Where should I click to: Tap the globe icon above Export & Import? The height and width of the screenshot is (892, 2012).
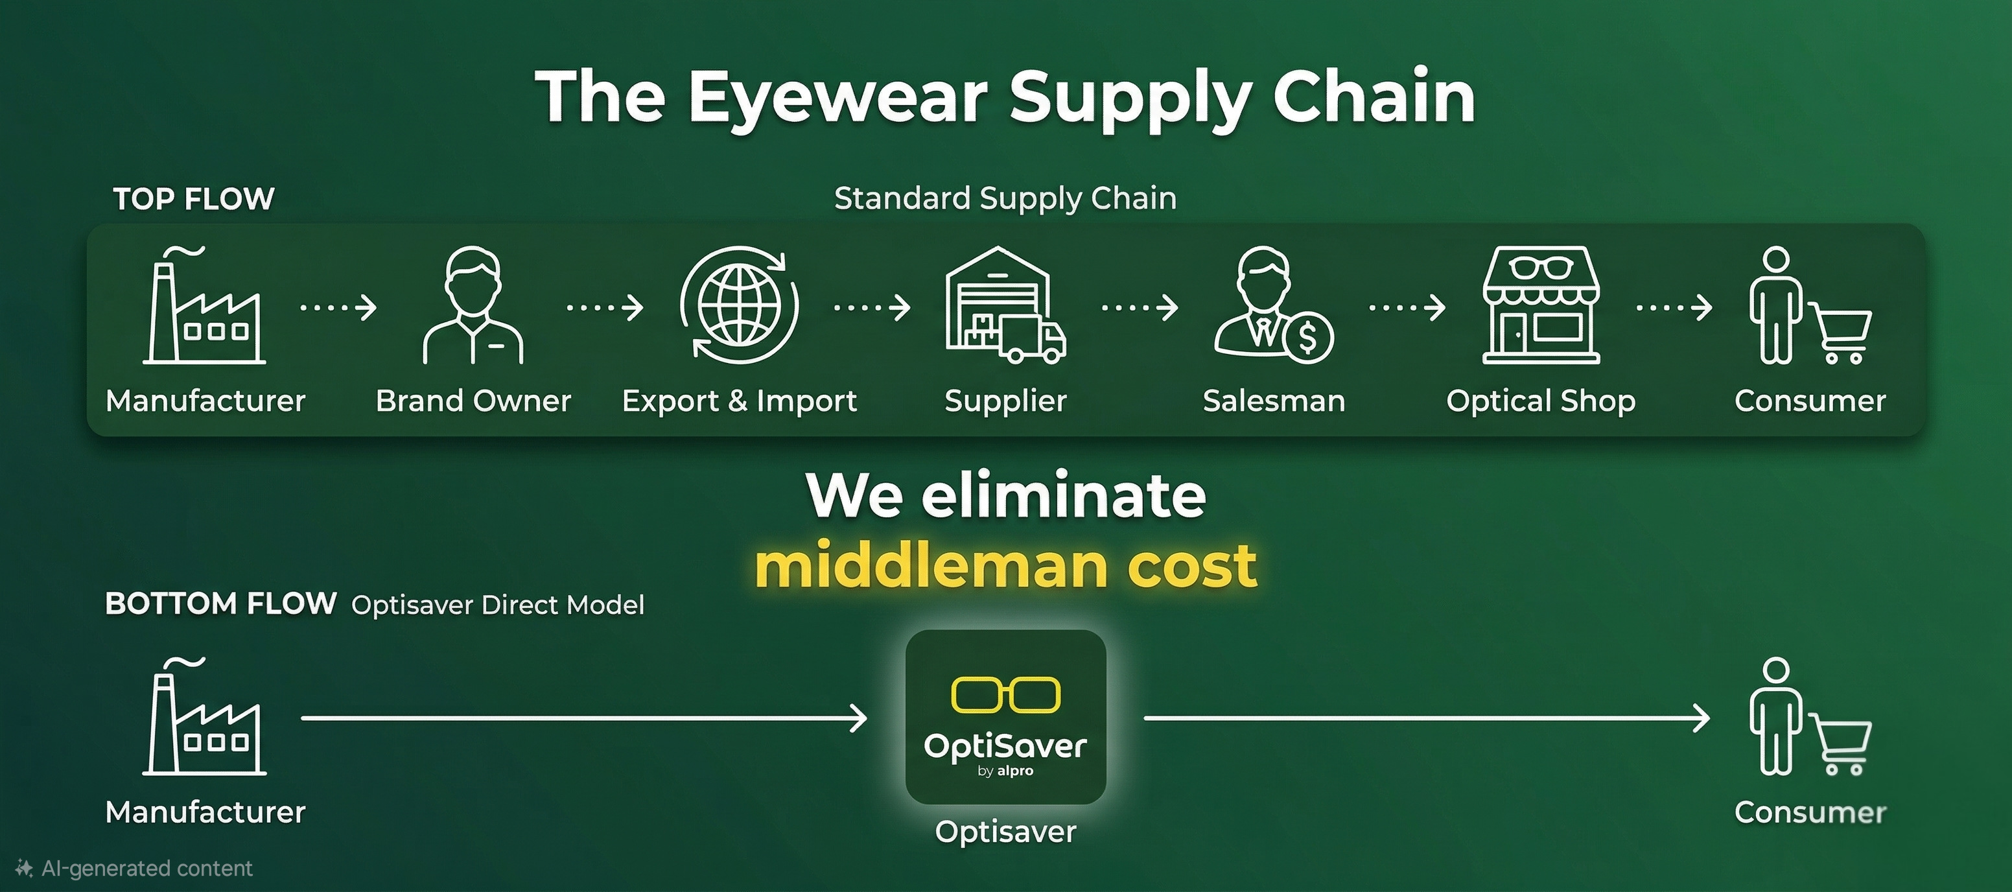pos(739,305)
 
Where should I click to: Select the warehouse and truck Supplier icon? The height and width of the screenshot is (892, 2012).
pos(1005,305)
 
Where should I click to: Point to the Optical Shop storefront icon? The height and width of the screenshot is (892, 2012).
pos(1541,305)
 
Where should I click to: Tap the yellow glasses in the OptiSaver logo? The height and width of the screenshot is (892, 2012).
pos(1005,694)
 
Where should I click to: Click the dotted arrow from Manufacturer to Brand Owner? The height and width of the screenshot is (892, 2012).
pos(338,308)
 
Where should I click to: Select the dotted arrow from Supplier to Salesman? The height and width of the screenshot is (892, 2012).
pos(1140,308)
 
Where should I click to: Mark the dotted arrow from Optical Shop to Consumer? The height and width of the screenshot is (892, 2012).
pos(1674,308)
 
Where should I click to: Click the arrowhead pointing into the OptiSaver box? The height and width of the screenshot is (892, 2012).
pos(858,718)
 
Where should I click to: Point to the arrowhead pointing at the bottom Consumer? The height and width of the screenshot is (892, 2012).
pos(1700,718)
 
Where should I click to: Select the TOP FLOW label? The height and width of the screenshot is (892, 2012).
pos(194,198)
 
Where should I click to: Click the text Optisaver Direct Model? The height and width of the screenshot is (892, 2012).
pos(498,605)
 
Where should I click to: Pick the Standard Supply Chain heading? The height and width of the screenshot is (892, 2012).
pos(1005,198)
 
